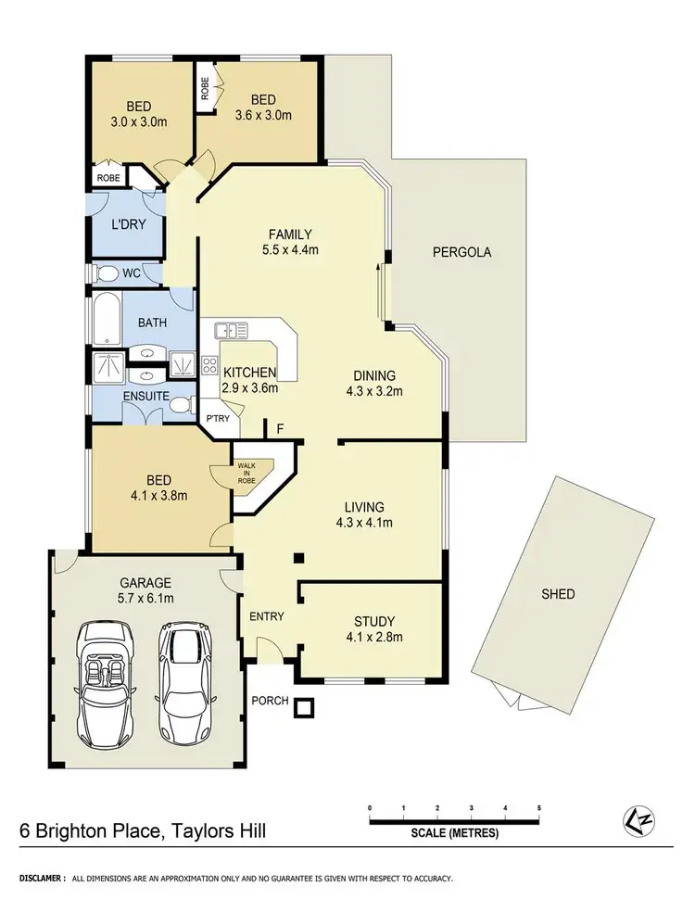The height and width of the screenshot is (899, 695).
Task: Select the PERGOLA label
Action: pyautogui.click(x=460, y=252)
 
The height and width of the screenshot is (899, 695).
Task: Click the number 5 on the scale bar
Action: pyautogui.click(x=539, y=809)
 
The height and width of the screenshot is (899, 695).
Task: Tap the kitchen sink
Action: pyautogui.click(x=230, y=331)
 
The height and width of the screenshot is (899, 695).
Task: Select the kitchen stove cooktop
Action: pyautogui.click(x=209, y=364)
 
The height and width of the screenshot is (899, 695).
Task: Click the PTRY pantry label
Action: pyautogui.click(x=218, y=419)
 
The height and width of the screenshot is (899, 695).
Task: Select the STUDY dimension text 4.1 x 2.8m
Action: pyautogui.click(x=374, y=637)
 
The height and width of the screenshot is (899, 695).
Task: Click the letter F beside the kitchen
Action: pyautogui.click(x=280, y=430)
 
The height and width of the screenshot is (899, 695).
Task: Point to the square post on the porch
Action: pyautogui.click(x=303, y=710)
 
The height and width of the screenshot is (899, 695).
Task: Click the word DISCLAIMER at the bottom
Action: pyautogui.click(x=37, y=877)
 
